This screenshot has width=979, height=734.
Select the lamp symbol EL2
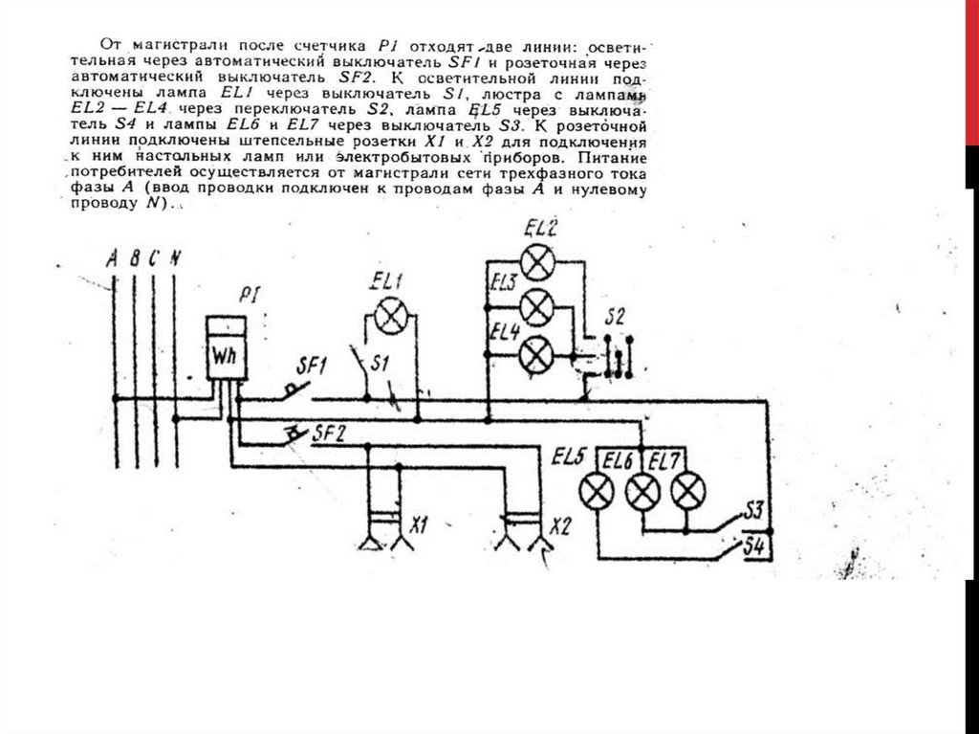[x=539, y=260]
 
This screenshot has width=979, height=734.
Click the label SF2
[x=328, y=433]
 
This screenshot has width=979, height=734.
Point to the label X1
[x=419, y=525]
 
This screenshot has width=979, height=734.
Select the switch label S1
[x=381, y=365]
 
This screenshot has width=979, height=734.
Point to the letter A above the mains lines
[x=113, y=257]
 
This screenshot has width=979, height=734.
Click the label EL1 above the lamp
[x=387, y=281]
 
